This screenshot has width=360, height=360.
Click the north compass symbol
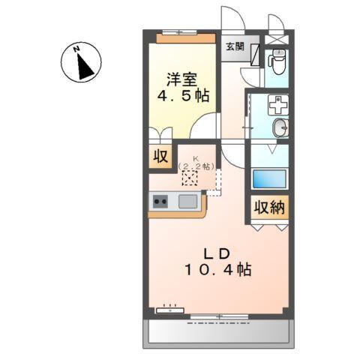pos(83,63)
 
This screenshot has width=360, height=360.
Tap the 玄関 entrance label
pos(234,46)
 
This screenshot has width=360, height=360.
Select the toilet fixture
pos(277,59)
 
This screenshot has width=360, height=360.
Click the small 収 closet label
pos(160,157)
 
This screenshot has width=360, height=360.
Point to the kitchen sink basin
pos(187,201)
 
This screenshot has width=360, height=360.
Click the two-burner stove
pos(160,201)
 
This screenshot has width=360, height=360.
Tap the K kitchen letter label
pos(196,158)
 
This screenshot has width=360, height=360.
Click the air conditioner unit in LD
pos(169,307)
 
